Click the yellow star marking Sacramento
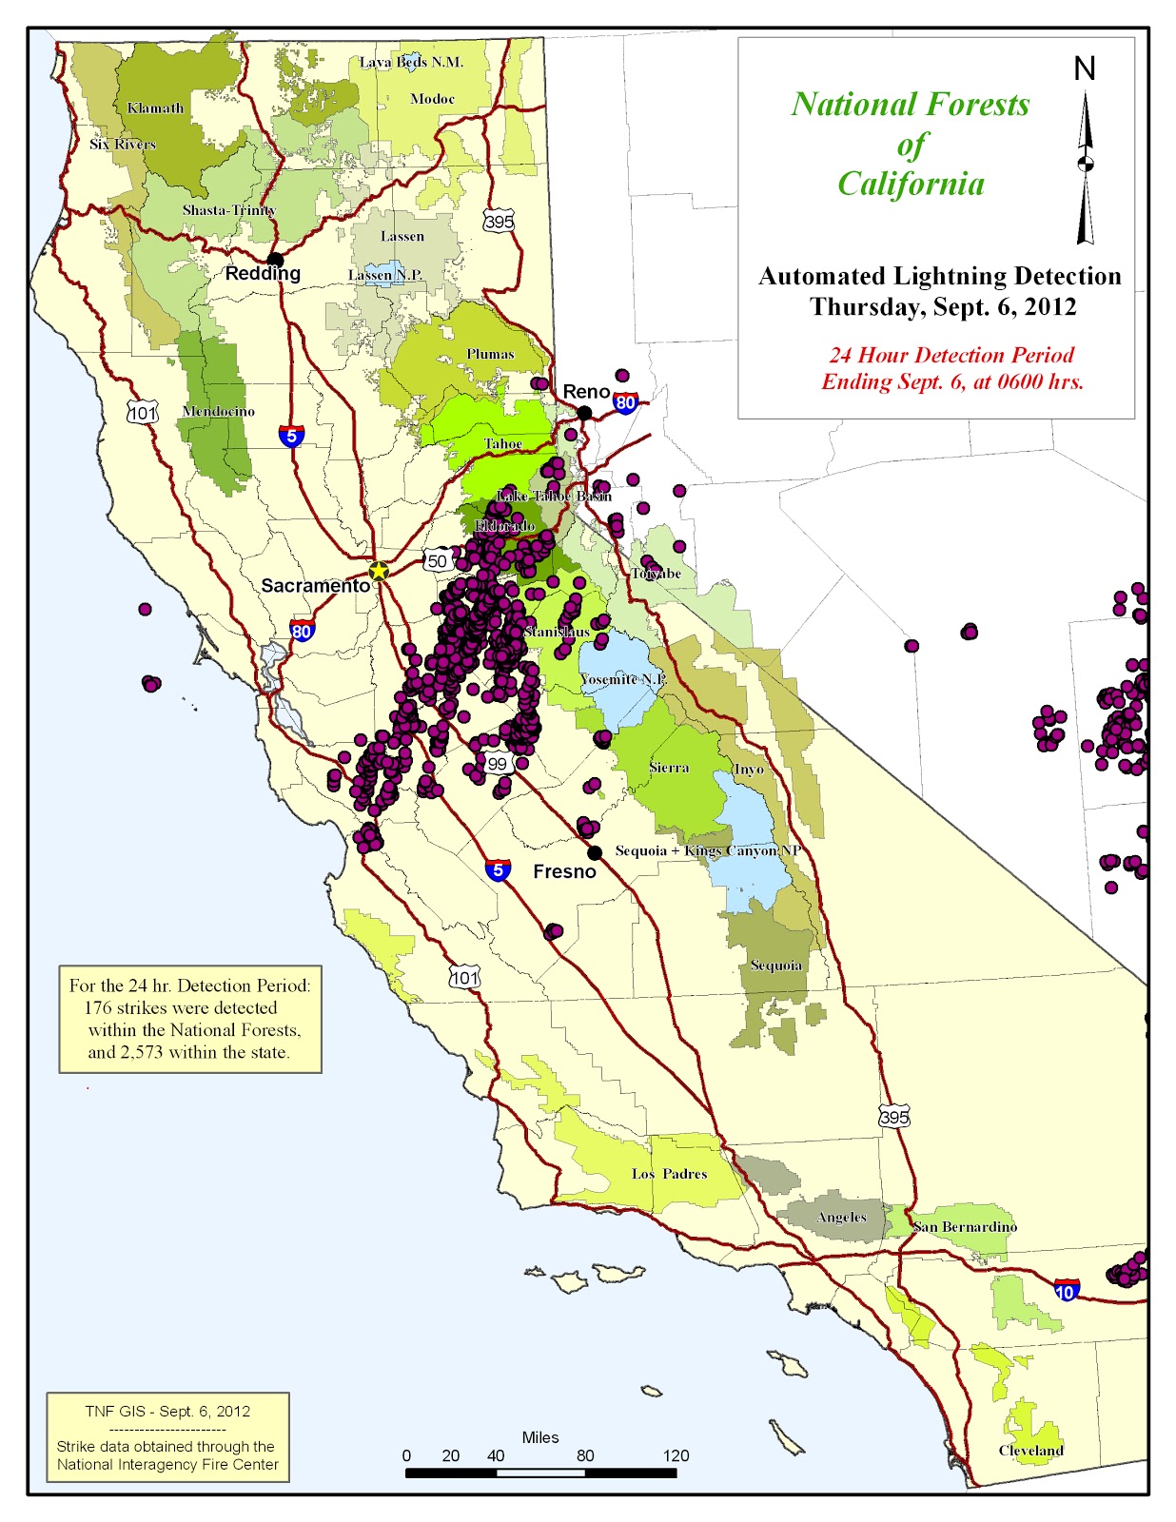[379, 571]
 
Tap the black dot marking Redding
[275, 259]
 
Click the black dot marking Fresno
[595, 852]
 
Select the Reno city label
[585, 392]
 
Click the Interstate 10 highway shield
[1067, 1291]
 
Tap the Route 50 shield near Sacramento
[437, 560]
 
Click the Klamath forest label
[155, 107]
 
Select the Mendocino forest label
[218, 411]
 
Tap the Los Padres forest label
[669, 1174]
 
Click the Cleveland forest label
[1030, 1450]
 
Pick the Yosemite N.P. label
[622, 679]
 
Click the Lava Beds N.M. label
[411, 62]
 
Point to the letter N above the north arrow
[1085, 68]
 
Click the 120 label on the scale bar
[676, 1455]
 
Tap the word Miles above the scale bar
[540, 1437]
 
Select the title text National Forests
[910, 104]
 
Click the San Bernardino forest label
[965, 1226]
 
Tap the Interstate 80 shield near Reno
[625, 403]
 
